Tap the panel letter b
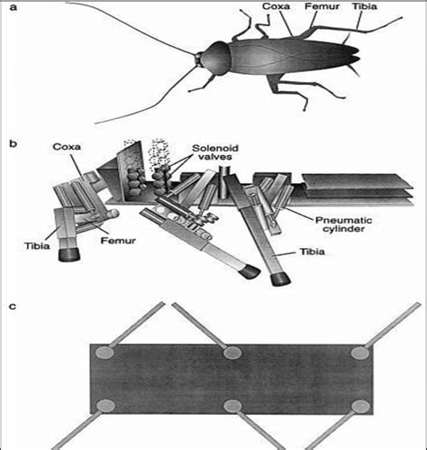[11, 142]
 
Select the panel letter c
[11, 307]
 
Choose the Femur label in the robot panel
[99, 242]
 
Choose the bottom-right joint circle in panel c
[360, 405]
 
